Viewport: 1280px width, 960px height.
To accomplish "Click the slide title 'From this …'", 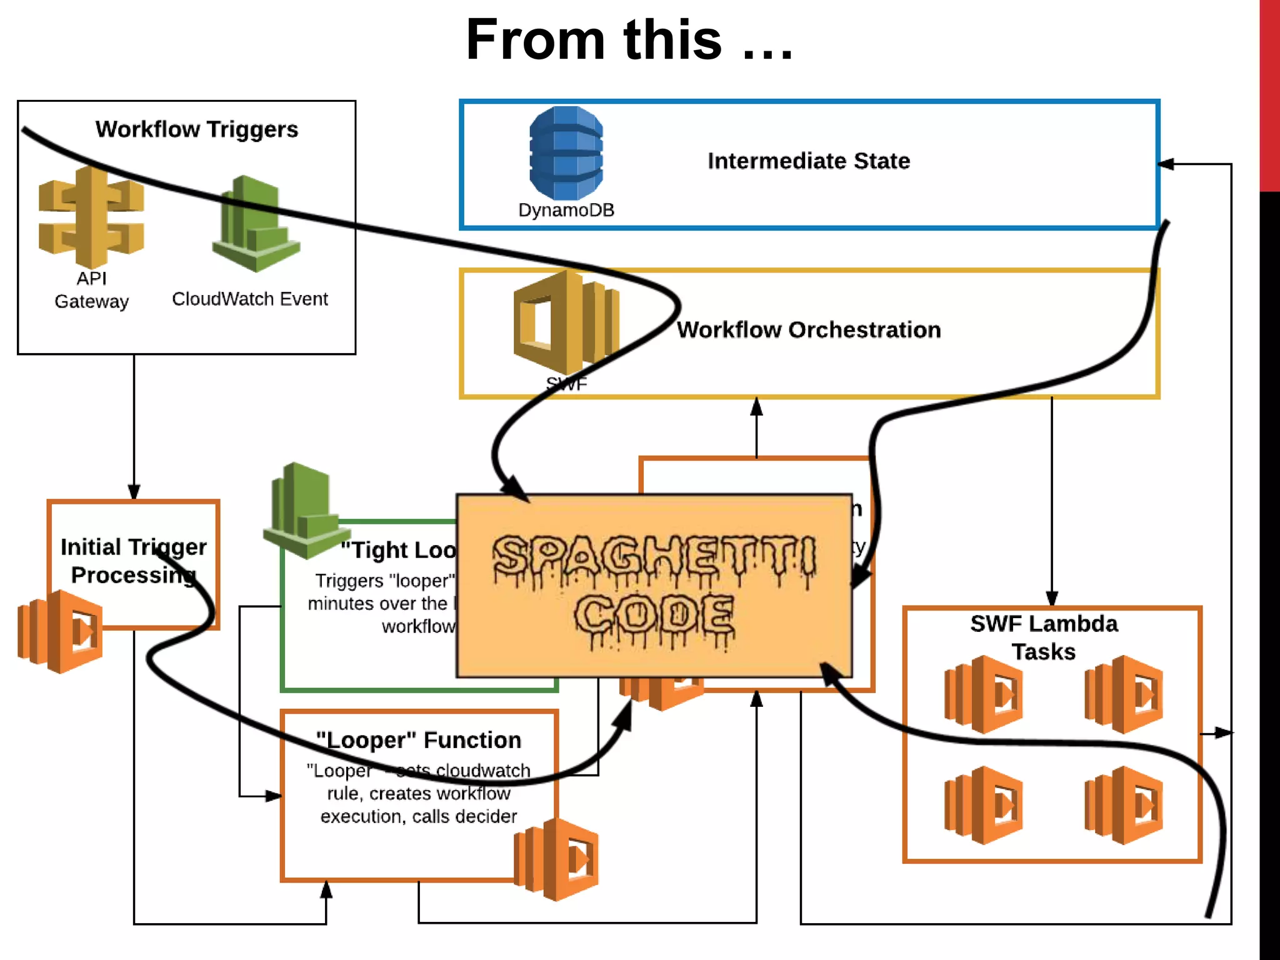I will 629,40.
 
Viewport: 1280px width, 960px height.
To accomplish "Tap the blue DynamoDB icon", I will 566,153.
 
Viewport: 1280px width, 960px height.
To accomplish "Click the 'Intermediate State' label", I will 809,161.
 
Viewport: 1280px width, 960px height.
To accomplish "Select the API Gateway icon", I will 91,216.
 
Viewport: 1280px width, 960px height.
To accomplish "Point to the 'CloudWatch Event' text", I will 249,299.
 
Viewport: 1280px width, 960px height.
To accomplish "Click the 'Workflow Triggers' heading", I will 197,129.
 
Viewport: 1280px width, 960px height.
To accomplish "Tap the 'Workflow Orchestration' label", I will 809,330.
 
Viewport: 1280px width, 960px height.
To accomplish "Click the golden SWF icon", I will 566,322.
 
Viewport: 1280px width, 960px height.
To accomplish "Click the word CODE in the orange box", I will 654,616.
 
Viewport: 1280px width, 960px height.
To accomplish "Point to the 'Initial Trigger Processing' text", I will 133,561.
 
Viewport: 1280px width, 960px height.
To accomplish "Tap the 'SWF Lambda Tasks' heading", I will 1044,637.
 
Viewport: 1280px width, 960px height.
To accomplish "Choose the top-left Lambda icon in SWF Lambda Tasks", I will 983,694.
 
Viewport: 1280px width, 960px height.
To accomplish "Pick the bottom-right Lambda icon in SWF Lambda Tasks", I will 1123,805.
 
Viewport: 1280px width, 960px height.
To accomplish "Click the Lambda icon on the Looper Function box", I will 556,859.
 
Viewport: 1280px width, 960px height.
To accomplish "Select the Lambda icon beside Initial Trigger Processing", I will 60,631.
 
